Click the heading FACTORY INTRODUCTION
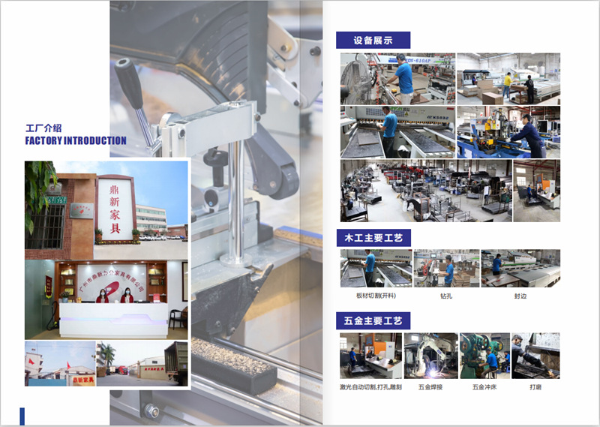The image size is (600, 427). (76, 140)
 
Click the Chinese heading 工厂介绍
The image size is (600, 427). (43, 128)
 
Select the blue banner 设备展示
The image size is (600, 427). (373, 41)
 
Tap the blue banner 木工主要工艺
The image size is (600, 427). (373, 238)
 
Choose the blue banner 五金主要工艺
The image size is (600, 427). (373, 321)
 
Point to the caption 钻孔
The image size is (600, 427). (446, 296)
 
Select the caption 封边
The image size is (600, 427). (520, 296)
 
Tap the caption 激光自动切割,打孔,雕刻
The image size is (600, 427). (370, 387)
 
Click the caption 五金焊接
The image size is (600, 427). (430, 387)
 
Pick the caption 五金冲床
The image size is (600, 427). (484, 387)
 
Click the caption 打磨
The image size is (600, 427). (535, 387)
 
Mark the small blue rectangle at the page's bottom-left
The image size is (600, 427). (22, 416)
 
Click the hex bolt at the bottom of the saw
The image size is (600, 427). (152, 410)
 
